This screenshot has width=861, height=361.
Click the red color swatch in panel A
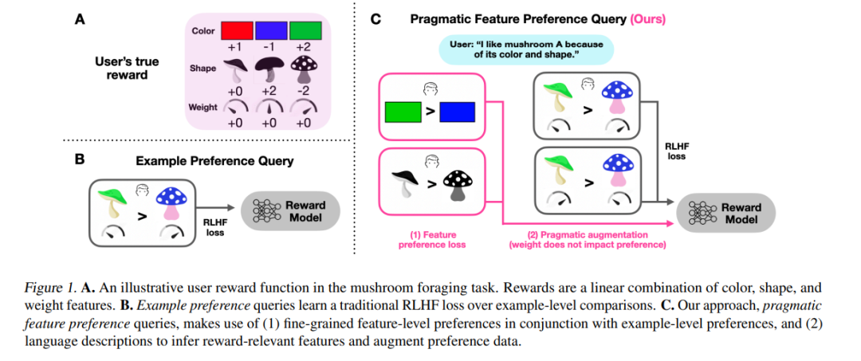point(237,31)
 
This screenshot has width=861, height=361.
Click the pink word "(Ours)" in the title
point(647,20)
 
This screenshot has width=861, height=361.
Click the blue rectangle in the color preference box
point(457,112)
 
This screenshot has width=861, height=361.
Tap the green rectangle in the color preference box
point(403,112)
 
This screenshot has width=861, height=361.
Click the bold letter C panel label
point(376,20)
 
